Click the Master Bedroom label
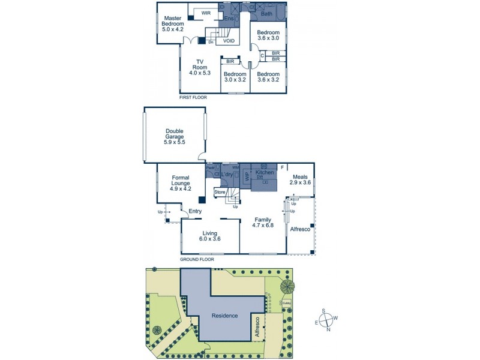(x=173, y=23)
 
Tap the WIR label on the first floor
(x=206, y=13)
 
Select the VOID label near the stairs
(x=229, y=41)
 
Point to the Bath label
(x=266, y=13)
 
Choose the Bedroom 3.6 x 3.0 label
(x=268, y=36)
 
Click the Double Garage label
(x=175, y=136)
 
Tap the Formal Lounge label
(x=181, y=183)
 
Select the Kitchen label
(x=265, y=173)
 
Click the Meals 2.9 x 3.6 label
(x=300, y=180)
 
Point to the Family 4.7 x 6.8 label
(x=263, y=223)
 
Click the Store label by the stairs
(x=220, y=192)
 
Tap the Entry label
(x=195, y=211)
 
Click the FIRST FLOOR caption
(x=194, y=97)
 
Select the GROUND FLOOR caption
(x=197, y=260)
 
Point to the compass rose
(x=328, y=319)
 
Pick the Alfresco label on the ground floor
(x=300, y=229)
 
